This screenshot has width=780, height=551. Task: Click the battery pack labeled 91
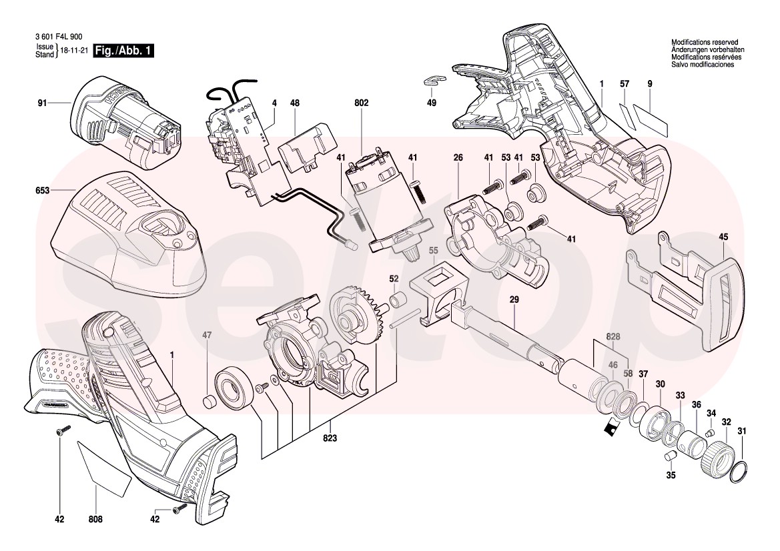pyautogui.click(x=126, y=122)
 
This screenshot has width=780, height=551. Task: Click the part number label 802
pyautogui.click(x=362, y=103)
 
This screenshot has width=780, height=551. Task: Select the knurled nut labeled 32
pyautogui.click(x=717, y=456)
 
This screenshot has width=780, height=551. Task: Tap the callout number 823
pyautogui.click(x=330, y=438)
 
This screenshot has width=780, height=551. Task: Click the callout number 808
pyautogui.click(x=95, y=519)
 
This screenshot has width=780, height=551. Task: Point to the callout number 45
pyautogui.click(x=723, y=237)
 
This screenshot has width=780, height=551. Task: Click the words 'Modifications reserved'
pyautogui.click(x=705, y=43)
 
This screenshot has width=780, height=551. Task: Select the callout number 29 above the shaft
pyautogui.click(x=514, y=300)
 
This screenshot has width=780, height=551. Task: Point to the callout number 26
pyautogui.click(x=458, y=157)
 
